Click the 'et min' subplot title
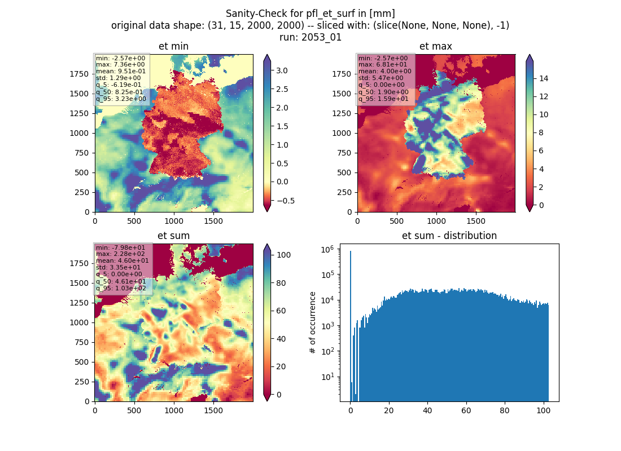(173, 46)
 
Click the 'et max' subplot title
(436, 46)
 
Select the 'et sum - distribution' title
(449, 236)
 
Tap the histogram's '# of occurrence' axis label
(313, 323)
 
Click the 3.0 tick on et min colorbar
(282, 71)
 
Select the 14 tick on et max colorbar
(543, 78)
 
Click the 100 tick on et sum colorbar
(283, 255)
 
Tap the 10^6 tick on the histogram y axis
(327, 249)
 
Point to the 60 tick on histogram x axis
(466, 410)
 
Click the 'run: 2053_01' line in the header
(310, 37)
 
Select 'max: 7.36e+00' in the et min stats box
(120, 64)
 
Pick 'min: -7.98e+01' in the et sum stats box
(120, 247)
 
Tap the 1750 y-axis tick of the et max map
(342, 74)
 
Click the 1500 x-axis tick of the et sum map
(213, 410)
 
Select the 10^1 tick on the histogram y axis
(327, 376)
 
